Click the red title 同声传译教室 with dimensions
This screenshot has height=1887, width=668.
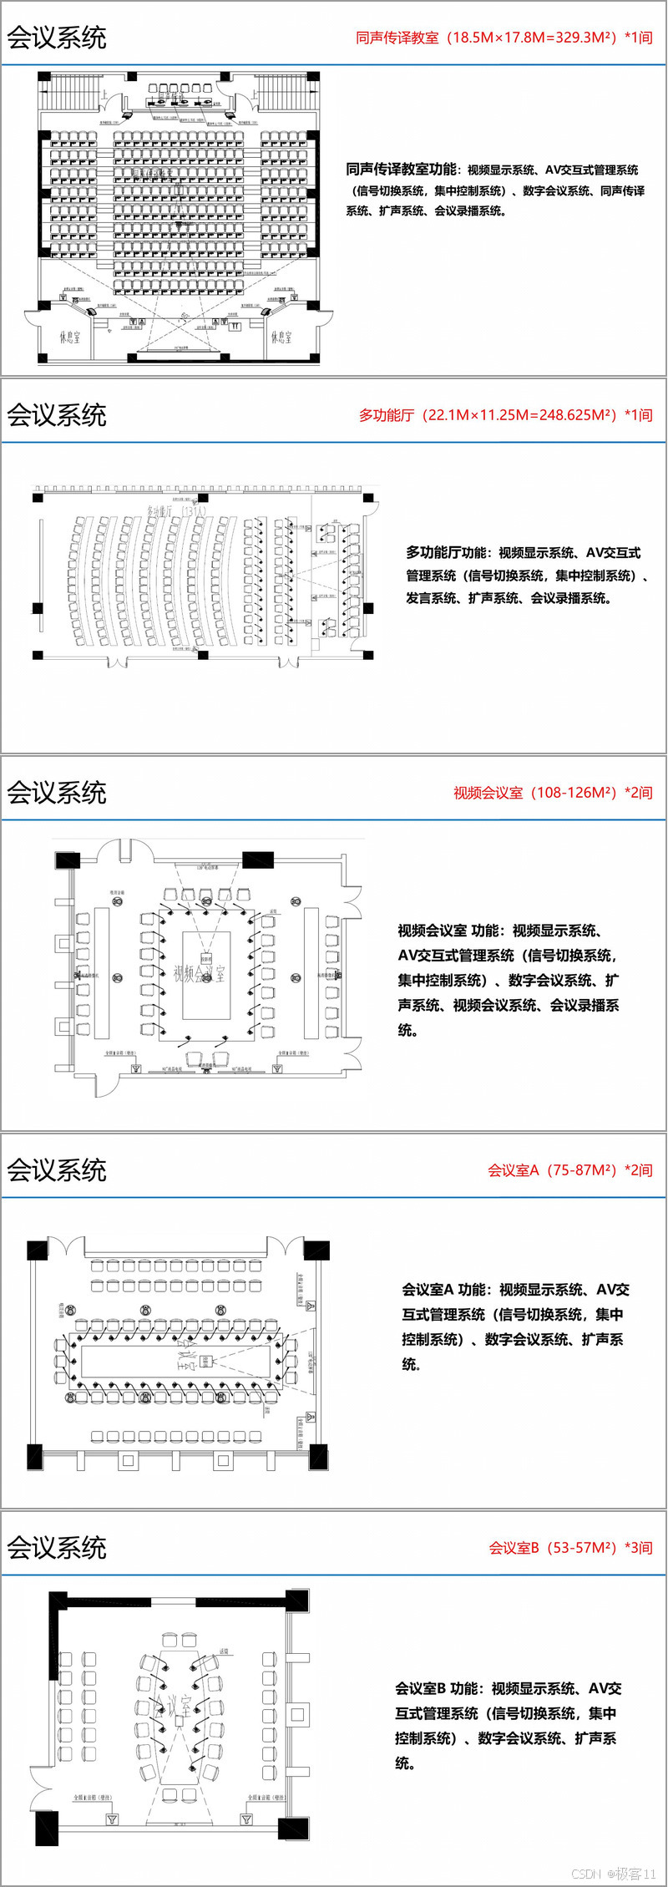point(504,38)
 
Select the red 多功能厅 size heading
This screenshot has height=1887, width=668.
point(505,415)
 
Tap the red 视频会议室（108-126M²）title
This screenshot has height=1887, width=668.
point(552,793)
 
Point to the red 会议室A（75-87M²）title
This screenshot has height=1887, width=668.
point(569,1170)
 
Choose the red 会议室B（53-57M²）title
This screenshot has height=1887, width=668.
point(570,1548)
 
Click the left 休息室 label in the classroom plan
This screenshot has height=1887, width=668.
point(70,337)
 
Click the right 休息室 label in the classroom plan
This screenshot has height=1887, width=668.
point(281,337)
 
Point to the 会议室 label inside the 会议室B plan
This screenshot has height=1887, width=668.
point(170,1705)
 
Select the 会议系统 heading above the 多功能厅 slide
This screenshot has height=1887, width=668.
point(57,415)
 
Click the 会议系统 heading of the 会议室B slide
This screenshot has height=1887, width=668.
point(57,1548)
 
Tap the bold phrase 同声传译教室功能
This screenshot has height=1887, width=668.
point(402,170)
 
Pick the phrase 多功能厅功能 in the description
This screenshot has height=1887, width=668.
point(447,553)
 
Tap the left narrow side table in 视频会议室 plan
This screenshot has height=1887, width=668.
point(102,971)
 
